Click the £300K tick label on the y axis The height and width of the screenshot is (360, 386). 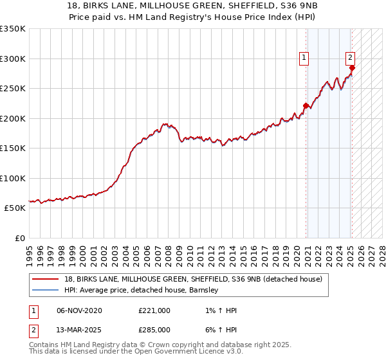(13, 59)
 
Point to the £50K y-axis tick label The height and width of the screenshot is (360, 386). (15, 208)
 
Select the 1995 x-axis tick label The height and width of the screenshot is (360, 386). (30, 251)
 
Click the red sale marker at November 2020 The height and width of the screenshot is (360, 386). (306, 106)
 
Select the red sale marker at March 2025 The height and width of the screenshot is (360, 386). (352, 68)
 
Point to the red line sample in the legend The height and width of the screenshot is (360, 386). (46, 279)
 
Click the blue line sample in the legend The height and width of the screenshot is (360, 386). (46, 290)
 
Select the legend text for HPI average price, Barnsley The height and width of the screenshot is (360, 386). (142, 290)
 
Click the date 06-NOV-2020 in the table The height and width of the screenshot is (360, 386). (79, 310)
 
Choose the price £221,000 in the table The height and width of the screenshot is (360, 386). (154, 310)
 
